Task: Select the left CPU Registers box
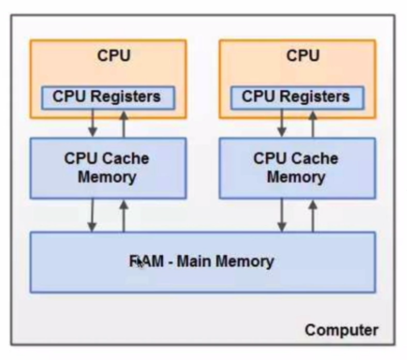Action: (x=107, y=97)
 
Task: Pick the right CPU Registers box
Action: (x=296, y=97)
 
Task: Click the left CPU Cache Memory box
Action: (x=107, y=168)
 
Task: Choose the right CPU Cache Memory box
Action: (x=296, y=168)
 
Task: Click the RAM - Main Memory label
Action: (x=201, y=261)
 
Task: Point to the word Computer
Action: (x=341, y=329)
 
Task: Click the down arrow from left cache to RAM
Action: (x=92, y=215)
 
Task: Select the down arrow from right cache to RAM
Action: (x=281, y=215)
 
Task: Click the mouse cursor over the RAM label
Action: (x=139, y=262)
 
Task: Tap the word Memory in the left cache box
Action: (x=107, y=177)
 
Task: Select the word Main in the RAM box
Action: (x=194, y=261)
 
